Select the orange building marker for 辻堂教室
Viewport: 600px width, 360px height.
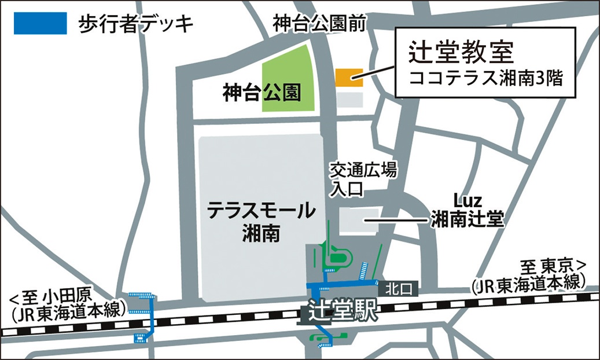click(349, 77)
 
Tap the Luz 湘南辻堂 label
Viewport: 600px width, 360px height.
click(468, 212)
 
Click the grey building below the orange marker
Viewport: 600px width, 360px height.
click(349, 99)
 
